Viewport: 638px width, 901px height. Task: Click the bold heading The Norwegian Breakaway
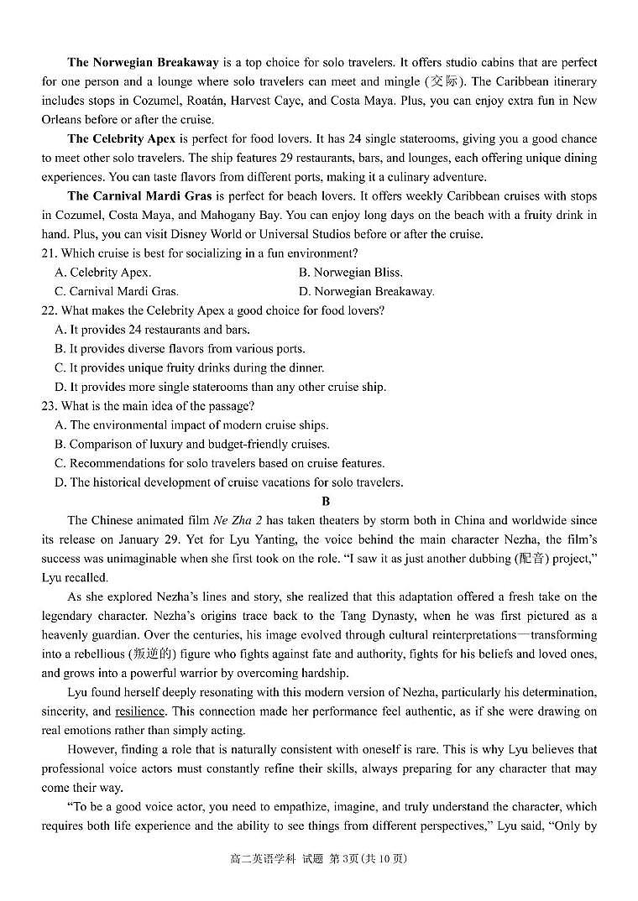[143, 63]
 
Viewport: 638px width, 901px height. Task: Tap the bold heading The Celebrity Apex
[122, 139]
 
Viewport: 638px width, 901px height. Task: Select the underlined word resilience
[139, 711]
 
